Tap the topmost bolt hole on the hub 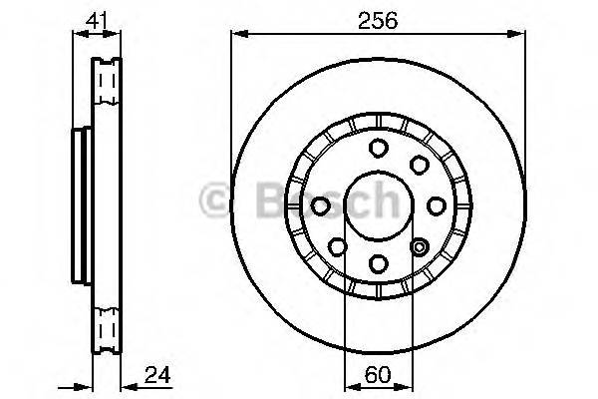(x=380, y=149)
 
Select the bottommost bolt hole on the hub (x=380, y=262)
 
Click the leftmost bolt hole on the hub (x=322, y=205)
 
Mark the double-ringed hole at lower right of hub (x=420, y=246)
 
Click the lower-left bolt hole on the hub (x=339, y=246)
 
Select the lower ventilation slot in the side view (x=105, y=327)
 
